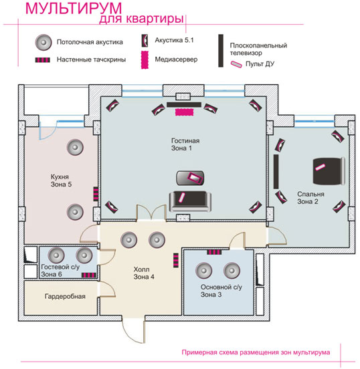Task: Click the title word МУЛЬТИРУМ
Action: [74, 9]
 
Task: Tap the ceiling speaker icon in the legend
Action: [43, 42]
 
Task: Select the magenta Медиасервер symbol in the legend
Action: [145, 59]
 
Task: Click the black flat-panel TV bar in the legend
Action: [221, 51]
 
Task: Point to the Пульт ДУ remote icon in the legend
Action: [236, 64]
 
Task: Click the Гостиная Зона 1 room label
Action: [185, 144]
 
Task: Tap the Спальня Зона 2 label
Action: [310, 198]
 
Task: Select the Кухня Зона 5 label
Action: [61, 180]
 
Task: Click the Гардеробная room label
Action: [65, 296]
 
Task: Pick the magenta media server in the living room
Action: [184, 112]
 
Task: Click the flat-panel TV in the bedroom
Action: [276, 171]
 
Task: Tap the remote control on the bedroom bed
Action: [320, 167]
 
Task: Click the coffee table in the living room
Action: [190, 178]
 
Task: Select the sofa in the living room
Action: [190, 201]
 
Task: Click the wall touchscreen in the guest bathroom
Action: [89, 275]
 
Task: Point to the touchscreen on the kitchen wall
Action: [96, 194]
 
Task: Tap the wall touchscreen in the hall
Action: [176, 260]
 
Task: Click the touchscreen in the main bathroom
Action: [214, 252]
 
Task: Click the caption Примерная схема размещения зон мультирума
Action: [256, 352]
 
